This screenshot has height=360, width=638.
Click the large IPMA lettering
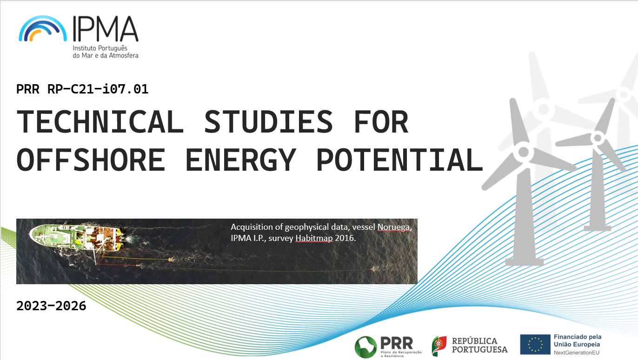pos(106,29)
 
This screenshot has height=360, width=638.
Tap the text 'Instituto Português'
pos(100,48)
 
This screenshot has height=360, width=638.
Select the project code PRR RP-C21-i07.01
pos(82,89)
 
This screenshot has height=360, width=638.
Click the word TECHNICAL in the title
pos(100,122)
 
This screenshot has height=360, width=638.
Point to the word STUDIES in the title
pos(269,122)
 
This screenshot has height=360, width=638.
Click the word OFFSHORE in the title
pos(91,160)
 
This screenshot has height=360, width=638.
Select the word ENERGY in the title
pos(241,160)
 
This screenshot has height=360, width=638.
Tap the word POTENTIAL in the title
pos(399,160)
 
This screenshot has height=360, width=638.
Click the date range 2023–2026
pos(51,306)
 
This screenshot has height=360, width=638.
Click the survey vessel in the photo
pos(76,238)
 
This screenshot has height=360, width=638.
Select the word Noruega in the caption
pos(394,227)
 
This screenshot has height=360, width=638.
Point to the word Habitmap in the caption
pos(314,238)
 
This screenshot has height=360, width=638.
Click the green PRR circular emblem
pos(366,347)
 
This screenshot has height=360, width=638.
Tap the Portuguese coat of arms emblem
pos(439,346)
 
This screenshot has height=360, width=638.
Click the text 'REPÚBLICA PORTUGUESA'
pos(479,345)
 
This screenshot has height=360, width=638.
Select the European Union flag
pos(535,344)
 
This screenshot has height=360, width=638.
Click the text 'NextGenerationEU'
pos(577,353)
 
